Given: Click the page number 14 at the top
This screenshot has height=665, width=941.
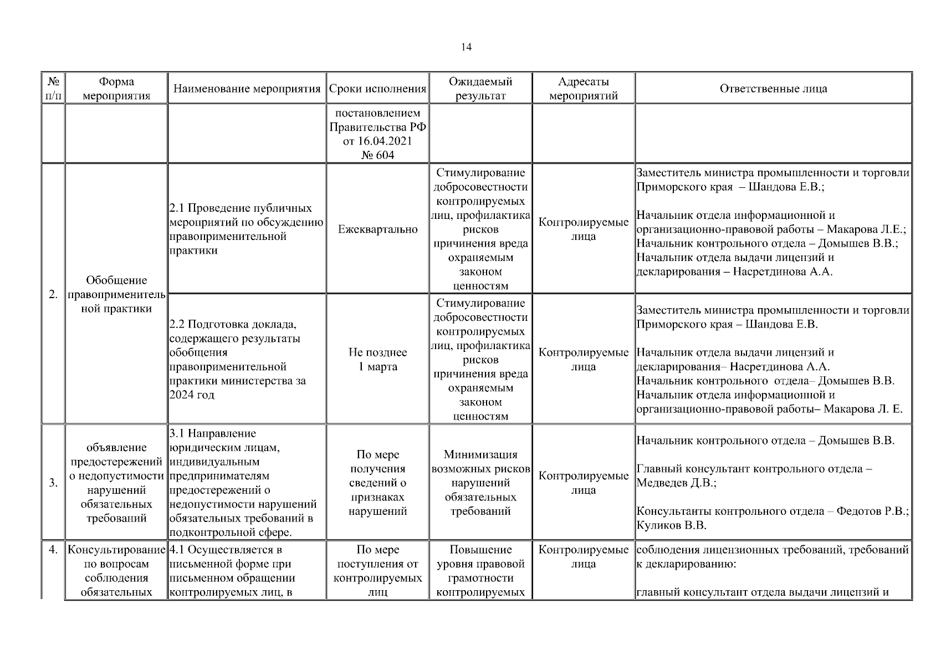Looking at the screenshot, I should click(466, 47).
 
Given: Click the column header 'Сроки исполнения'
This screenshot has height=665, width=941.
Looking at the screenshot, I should click(377, 89).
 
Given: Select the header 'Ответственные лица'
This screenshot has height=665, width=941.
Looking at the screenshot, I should click(773, 89).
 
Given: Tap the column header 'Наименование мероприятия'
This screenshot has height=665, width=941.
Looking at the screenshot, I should click(247, 89).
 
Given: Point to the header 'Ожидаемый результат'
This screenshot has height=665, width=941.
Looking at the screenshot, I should click(480, 89).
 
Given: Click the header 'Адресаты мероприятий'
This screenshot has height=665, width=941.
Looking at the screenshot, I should click(583, 89).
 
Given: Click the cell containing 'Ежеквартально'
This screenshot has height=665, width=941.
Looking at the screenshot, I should click(377, 229).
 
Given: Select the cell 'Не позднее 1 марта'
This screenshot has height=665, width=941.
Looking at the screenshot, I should click(377, 359).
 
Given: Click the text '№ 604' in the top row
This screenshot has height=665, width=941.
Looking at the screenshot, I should click(377, 155).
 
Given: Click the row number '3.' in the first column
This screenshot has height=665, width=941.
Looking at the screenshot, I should click(53, 483).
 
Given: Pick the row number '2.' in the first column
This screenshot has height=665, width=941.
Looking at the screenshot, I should click(53, 294).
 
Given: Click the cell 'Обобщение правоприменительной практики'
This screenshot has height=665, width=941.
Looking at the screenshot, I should click(116, 294).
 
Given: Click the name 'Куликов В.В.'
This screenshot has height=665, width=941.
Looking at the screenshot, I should click(671, 525).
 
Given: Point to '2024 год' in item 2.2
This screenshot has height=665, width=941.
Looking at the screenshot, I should click(192, 395).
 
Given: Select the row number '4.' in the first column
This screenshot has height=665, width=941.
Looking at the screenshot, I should click(53, 550).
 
